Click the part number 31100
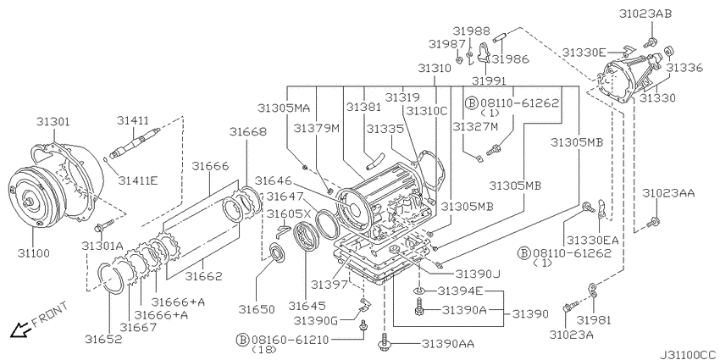tap(34, 252)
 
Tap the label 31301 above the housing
tap(53, 122)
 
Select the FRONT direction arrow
tap(19, 330)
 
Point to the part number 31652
tap(103, 339)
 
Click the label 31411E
tap(138, 180)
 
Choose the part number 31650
tap(256, 309)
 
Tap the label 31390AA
tap(448, 343)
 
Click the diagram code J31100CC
tap(690, 355)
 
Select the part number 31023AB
tap(645, 14)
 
